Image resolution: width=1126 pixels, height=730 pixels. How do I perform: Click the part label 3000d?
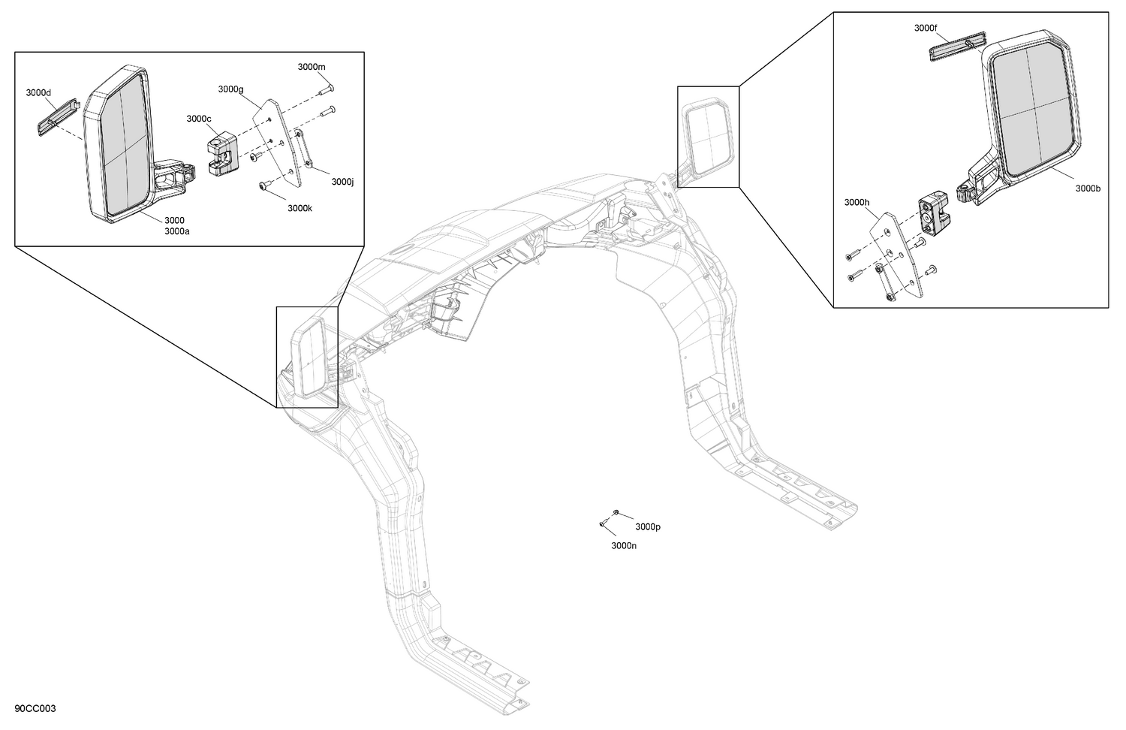38,93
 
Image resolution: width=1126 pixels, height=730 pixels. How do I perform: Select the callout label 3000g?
230,89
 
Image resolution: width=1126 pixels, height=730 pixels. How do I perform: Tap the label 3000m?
312,67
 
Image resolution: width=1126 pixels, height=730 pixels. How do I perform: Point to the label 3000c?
199,119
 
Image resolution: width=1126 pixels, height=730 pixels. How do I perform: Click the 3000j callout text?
342,181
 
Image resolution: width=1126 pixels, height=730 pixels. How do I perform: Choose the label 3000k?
300,208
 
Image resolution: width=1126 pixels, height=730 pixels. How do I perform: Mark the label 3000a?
177,232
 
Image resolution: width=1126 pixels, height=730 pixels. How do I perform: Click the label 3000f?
926,28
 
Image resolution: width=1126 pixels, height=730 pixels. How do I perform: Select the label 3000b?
1088,189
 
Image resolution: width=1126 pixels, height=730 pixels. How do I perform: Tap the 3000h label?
857,202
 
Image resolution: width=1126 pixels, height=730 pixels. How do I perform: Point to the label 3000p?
648,527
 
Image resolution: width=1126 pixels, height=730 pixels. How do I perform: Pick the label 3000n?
624,546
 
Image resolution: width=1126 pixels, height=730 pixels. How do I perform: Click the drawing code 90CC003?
35,709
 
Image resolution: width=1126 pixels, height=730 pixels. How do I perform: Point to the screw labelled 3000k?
264,184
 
